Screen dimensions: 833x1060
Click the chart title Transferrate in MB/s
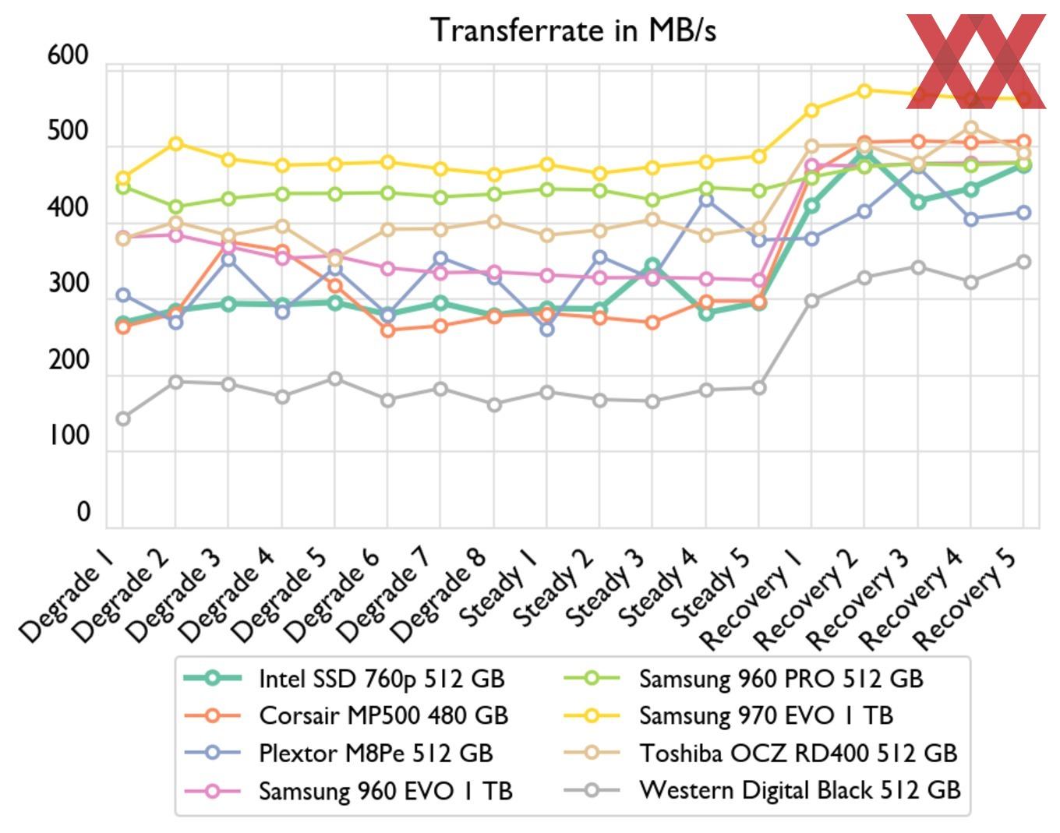pos(574,30)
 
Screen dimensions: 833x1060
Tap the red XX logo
pos(976,59)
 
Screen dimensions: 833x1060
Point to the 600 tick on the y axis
pos(69,56)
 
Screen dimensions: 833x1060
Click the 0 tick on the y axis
pos(83,512)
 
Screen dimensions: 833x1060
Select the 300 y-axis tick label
pos(69,284)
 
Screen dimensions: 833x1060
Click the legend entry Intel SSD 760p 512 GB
pos(382,679)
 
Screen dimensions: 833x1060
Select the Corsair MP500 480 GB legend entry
pos(383,715)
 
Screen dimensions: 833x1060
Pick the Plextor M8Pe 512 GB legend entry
pos(376,753)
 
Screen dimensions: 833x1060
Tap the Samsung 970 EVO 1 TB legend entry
pos(765,715)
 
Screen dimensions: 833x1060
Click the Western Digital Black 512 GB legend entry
pos(800,790)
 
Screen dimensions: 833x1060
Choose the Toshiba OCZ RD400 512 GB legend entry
pos(797,753)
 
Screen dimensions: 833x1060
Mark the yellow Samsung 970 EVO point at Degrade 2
pos(176,143)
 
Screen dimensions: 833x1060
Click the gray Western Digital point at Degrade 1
pos(123,418)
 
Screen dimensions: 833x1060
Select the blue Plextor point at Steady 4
pos(706,200)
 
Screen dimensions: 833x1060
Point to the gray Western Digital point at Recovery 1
pos(812,300)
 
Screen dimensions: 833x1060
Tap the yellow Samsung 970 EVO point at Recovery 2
pos(864,90)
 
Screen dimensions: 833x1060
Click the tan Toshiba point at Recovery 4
pos(971,127)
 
